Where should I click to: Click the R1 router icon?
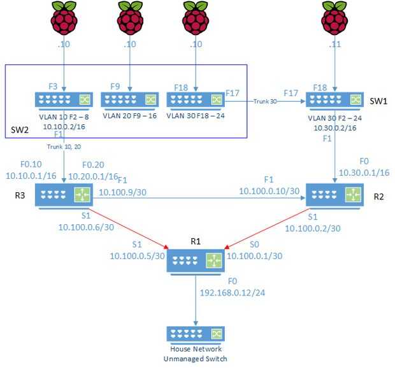pyautogui.click(x=196, y=261)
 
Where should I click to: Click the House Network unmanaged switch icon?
pyautogui.click(x=195, y=335)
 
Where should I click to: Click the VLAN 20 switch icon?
pyautogui.click(x=129, y=101)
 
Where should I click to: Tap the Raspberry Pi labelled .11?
pyautogui.click(x=335, y=17)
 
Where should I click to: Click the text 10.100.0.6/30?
pyautogui.click(x=85, y=226)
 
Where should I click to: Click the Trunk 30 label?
pyautogui.click(x=265, y=101)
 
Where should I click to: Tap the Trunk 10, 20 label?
pyautogui.click(x=65, y=146)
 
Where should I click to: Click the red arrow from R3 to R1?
pyautogui.click(x=127, y=227)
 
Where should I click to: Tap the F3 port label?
pyautogui.click(x=54, y=86)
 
